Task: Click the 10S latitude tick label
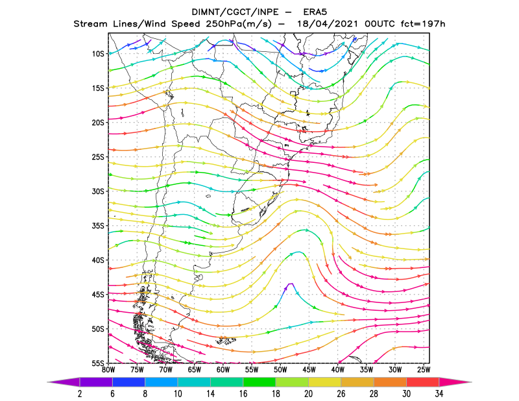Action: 98,54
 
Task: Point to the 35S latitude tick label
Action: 98,226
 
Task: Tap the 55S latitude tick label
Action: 98,363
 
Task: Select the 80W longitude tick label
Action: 108,370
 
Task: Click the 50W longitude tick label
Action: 280,370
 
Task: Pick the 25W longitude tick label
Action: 424,370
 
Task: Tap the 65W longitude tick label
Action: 195,370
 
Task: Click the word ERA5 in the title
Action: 315,12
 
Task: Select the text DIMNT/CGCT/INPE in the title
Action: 235,12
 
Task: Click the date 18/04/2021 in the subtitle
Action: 328,24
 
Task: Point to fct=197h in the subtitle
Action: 423,24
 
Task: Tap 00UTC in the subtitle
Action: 380,24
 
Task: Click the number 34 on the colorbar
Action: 439,394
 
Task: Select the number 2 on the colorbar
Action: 80,394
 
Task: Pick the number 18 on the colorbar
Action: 276,394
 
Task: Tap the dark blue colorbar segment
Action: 128,382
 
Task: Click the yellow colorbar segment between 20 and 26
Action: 325,382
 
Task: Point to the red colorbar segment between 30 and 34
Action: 423,382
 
